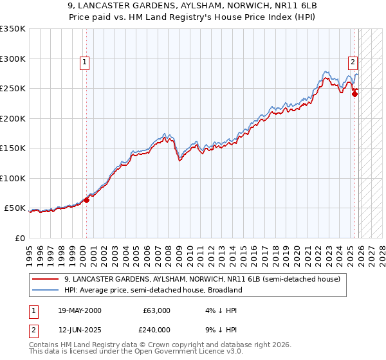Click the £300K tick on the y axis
[x=13, y=59]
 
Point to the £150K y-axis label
[x=13, y=148]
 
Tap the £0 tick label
[x=20, y=239]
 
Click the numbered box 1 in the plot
[x=86, y=62]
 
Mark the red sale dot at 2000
[x=86, y=200]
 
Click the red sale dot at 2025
[x=354, y=94]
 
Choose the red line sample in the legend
[x=45, y=280]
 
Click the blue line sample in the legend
[x=45, y=290]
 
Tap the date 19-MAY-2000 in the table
[x=79, y=310]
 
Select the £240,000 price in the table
[x=156, y=329]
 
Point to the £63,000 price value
[x=156, y=310]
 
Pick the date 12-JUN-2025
[x=79, y=329]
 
